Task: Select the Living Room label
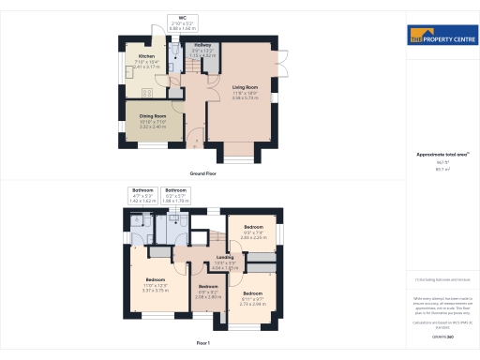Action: click(x=245, y=87)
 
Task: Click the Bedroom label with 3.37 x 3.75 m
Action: click(x=155, y=281)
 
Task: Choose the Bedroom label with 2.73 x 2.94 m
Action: click(x=252, y=299)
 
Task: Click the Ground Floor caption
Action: click(x=203, y=174)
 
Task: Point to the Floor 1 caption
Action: click(x=203, y=344)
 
